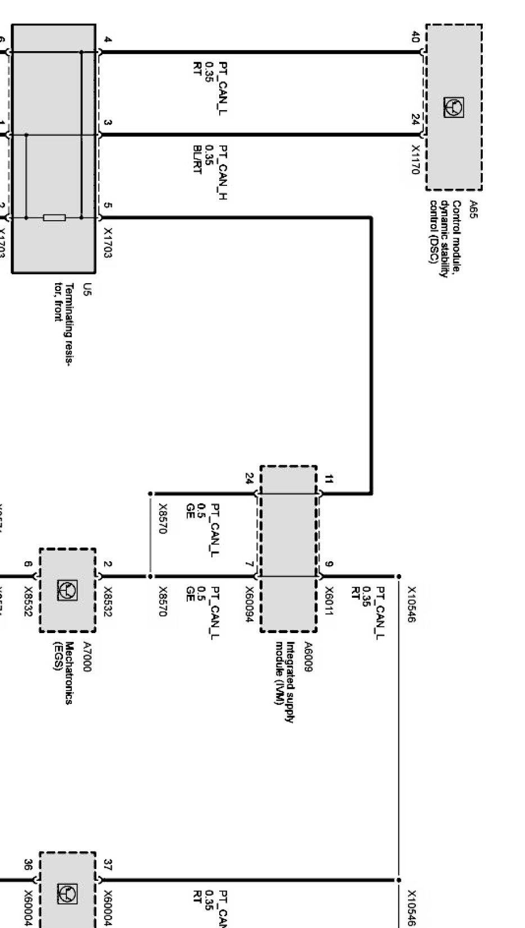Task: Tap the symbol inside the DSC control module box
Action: [x=454, y=107]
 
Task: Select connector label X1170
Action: [x=415, y=160]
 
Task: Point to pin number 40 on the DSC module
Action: [x=415, y=38]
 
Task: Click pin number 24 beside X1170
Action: [x=415, y=120]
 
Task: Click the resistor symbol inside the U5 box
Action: [x=55, y=217]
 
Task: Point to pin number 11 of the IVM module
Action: [x=329, y=479]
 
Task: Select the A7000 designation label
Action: [x=87, y=657]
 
